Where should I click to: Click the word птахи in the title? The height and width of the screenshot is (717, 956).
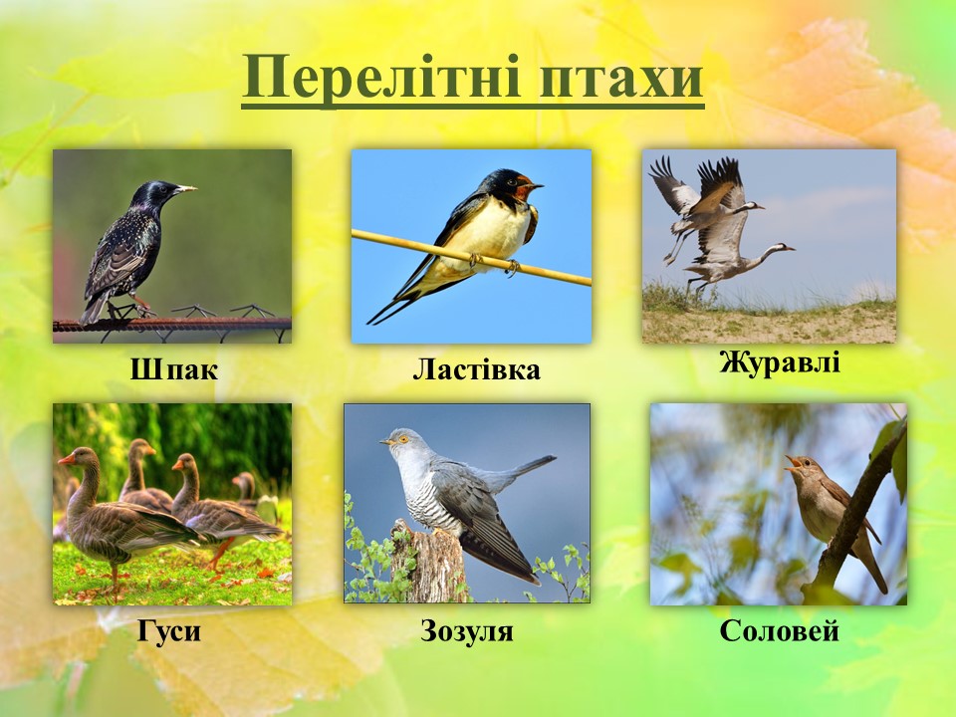click(621, 79)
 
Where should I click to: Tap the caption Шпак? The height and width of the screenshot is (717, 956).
click(173, 368)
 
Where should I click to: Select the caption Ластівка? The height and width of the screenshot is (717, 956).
click(476, 369)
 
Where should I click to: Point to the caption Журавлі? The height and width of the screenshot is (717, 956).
click(779, 362)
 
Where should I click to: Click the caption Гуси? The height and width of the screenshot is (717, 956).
click(169, 631)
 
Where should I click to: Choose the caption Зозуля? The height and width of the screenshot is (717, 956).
click(466, 631)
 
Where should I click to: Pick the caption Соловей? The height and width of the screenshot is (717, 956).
click(779, 630)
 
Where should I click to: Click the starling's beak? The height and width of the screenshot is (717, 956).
click(185, 189)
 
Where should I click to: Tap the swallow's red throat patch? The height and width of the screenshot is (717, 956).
click(521, 192)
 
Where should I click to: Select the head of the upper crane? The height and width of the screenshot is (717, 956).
click(753, 207)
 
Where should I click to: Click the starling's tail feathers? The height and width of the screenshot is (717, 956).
click(95, 308)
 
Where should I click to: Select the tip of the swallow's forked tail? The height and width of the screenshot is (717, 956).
click(369, 322)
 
